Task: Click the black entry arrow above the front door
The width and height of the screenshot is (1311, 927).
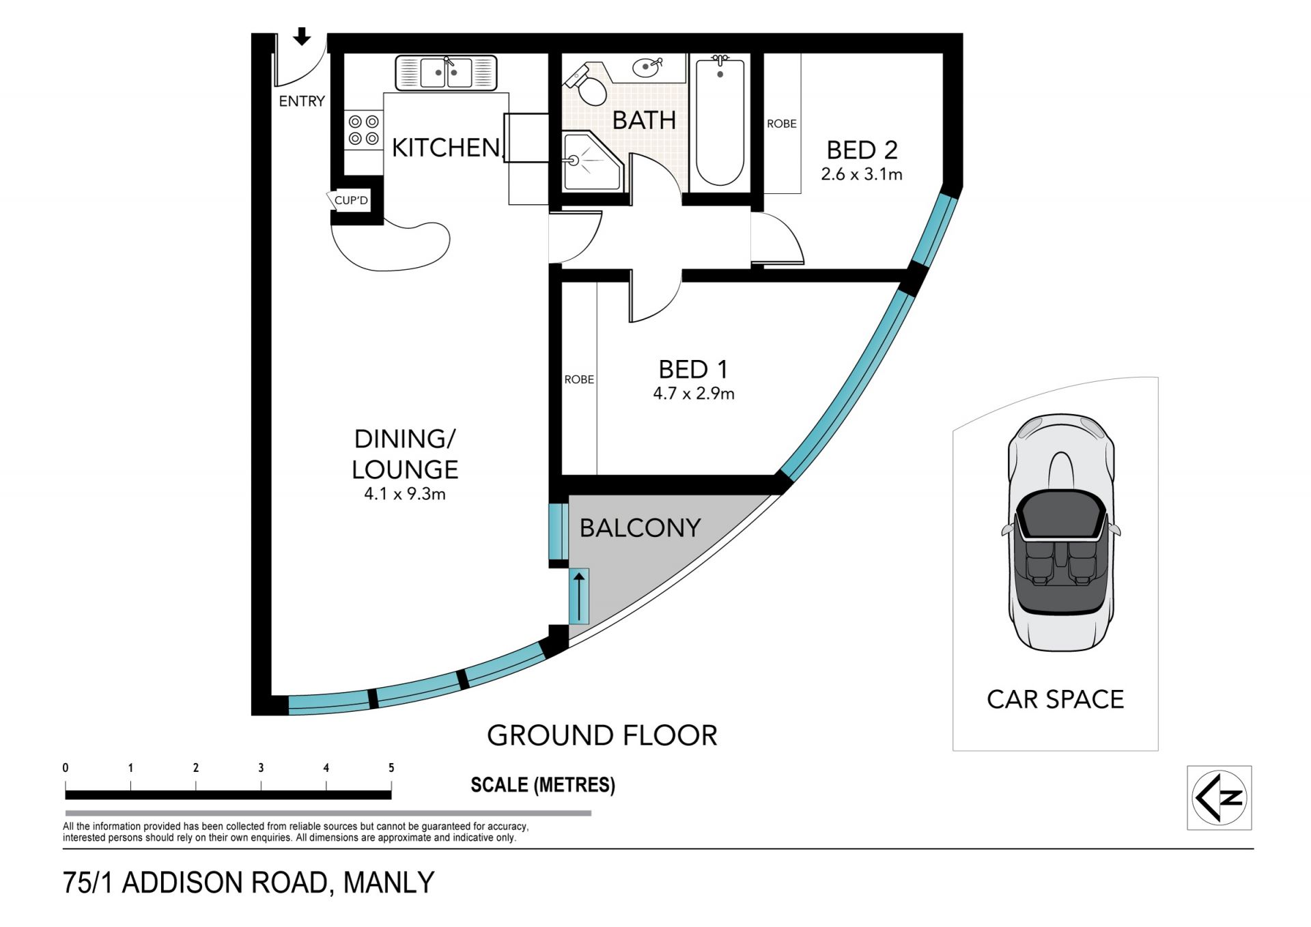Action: click(302, 36)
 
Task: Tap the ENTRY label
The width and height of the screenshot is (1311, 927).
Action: click(302, 101)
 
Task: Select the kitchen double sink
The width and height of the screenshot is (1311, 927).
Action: click(446, 72)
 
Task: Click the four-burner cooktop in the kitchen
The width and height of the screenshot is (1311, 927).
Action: click(363, 130)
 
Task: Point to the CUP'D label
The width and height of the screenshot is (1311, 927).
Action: click(351, 200)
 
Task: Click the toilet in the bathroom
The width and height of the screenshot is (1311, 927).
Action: click(585, 85)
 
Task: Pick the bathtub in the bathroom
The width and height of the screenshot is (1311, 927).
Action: click(720, 122)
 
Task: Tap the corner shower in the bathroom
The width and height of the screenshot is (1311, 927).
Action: click(591, 161)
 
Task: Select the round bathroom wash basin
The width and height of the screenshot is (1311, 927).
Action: click(647, 67)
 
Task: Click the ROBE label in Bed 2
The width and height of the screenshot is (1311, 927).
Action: click(782, 124)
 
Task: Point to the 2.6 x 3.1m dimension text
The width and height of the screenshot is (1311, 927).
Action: click(862, 174)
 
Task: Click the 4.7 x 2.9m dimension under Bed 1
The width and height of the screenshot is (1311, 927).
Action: click(694, 393)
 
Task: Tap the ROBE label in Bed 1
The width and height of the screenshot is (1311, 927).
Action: click(579, 379)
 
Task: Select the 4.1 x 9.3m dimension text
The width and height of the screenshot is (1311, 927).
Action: click(405, 494)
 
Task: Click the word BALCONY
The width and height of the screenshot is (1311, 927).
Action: click(640, 528)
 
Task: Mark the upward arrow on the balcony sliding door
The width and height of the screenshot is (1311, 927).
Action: click(579, 596)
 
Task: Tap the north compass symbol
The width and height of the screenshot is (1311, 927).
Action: click(1220, 798)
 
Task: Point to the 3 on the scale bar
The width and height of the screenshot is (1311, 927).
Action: click(261, 768)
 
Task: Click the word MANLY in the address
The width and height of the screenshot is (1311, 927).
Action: click(389, 883)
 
